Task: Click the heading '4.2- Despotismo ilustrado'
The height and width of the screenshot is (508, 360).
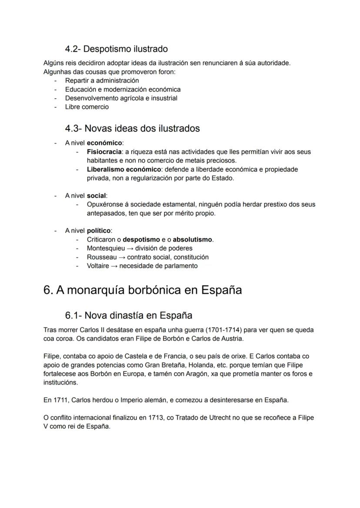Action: click(x=116, y=49)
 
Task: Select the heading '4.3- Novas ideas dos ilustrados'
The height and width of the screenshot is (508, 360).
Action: click(x=132, y=129)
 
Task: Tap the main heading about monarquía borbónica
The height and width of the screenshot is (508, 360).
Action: click(x=143, y=290)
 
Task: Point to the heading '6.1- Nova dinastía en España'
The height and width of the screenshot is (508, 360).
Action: click(x=128, y=315)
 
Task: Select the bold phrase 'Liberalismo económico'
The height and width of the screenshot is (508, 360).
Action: click(x=124, y=169)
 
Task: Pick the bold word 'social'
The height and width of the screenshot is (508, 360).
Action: click(x=97, y=196)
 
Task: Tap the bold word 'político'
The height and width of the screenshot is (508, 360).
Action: click(x=99, y=231)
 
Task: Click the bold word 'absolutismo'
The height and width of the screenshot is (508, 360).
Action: click(x=193, y=239)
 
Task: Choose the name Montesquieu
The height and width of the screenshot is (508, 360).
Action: click(x=106, y=249)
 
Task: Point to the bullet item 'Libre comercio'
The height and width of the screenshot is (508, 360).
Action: click(x=87, y=107)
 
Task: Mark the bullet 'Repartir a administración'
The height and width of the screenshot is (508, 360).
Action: click(x=102, y=80)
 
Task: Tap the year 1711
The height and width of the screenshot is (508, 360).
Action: click(x=59, y=400)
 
